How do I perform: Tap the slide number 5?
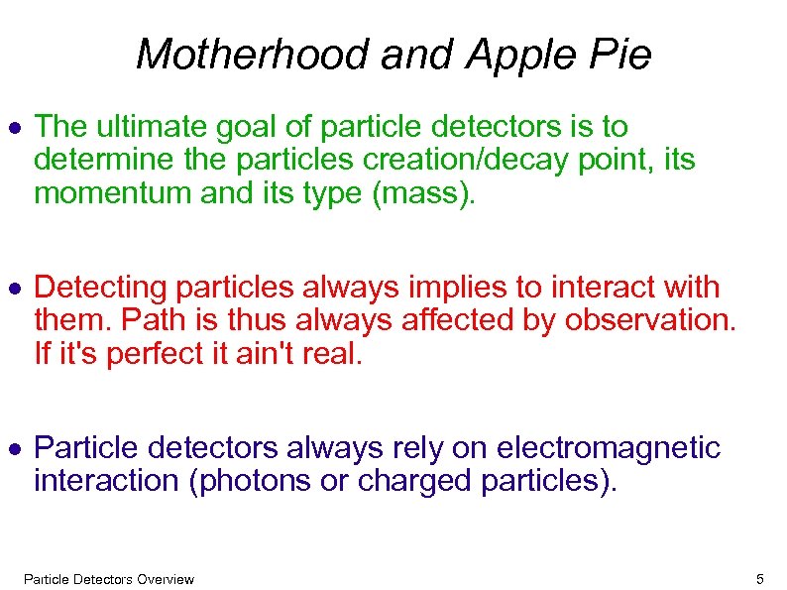tap(759, 579)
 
